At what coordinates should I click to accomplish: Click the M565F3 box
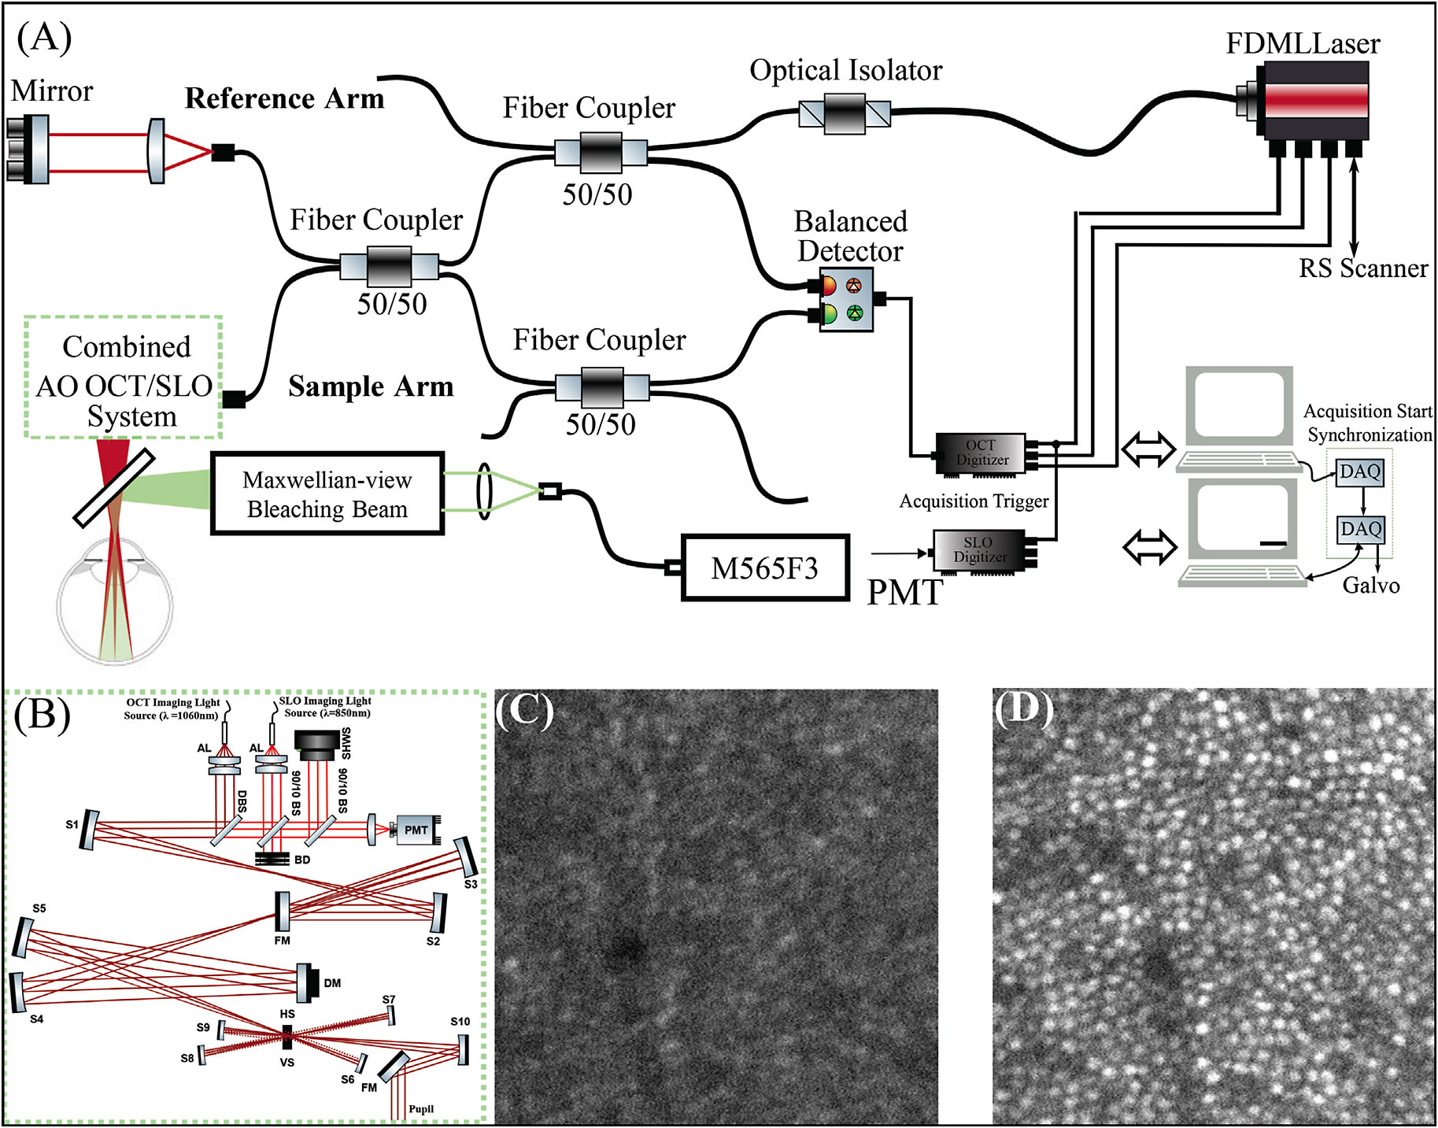764,568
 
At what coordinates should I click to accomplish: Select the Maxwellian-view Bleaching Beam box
327,494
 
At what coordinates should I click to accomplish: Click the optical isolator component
845,114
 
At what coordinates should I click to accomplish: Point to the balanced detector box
846,299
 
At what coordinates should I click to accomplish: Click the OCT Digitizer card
981,453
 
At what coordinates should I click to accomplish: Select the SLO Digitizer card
979,549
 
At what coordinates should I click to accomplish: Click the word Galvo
1370,586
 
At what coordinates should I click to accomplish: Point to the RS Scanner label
1362,268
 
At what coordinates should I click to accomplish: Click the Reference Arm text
284,99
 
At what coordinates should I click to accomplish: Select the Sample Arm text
370,386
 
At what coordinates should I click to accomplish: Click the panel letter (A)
44,37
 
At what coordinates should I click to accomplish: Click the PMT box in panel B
416,830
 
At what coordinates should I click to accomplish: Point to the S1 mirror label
72,824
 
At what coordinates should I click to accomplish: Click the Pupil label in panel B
420,1109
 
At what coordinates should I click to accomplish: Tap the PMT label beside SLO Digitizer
904,593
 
